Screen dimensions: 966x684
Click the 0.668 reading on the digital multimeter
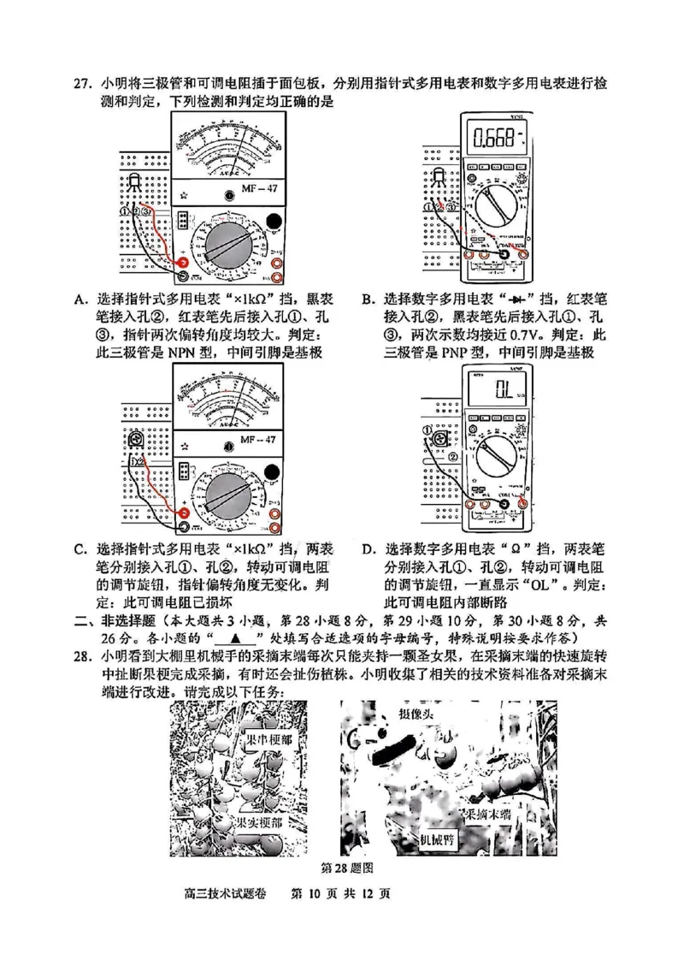(498, 136)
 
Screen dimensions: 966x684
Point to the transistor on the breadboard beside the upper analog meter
(135, 181)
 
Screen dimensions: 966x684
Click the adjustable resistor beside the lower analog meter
(133, 440)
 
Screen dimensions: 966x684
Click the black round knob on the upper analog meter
(273, 222)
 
